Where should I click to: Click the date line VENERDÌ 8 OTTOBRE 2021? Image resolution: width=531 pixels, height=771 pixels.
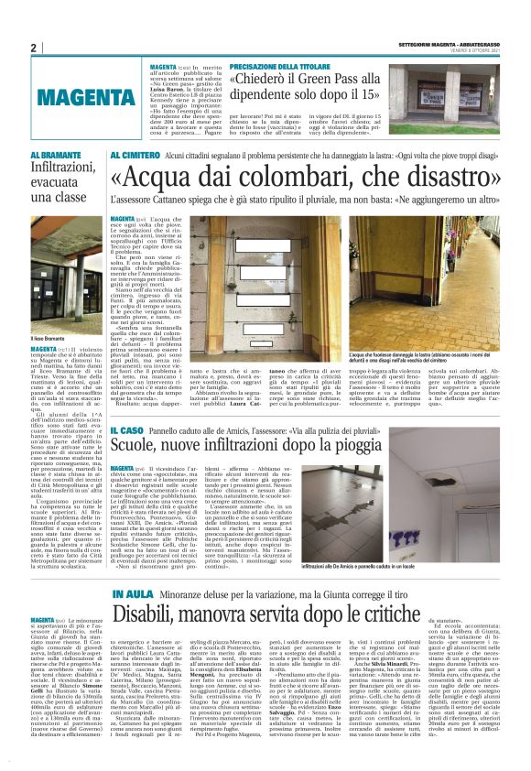coord(472,49)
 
